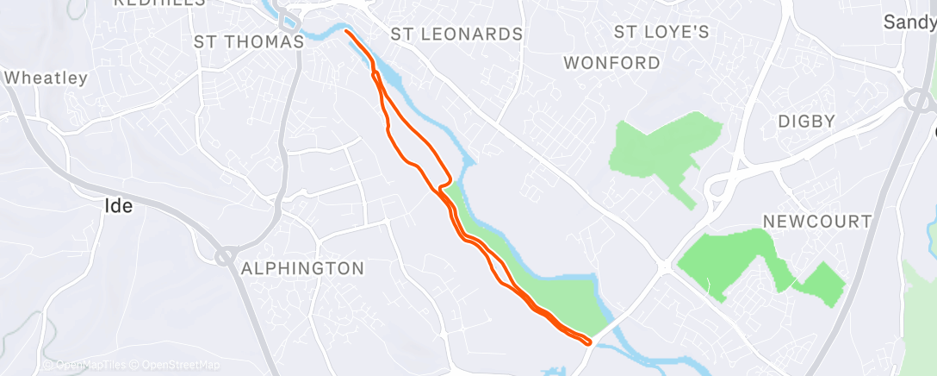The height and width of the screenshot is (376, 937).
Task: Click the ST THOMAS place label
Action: (x=249, y=41)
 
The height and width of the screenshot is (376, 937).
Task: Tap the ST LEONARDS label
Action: (x=456, y=34)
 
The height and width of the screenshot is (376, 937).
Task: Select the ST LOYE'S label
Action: (x=661, y=33)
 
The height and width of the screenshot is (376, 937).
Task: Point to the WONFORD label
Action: (x=612, y=63)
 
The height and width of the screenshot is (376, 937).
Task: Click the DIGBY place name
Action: (x=807, y=121)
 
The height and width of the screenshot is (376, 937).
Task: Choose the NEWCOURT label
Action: (x=818, y=222)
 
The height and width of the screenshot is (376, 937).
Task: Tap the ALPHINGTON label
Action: (x=302, y=268)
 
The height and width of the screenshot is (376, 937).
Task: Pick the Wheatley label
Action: (x=47, y=78)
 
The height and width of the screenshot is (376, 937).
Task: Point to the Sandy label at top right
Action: (x=911, y=22)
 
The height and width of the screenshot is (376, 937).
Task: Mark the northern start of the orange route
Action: (x=346, y=32)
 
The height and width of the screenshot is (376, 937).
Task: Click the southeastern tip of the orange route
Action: (x=589, y=342)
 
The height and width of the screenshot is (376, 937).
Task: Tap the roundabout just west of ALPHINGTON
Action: (x=226, y=255)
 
